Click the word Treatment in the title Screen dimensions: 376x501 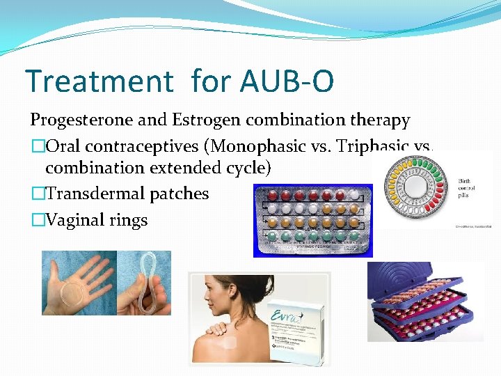(x=97, y=81)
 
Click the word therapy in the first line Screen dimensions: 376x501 (x=377, y=120)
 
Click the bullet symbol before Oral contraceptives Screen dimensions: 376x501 (x=37, y=147)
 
